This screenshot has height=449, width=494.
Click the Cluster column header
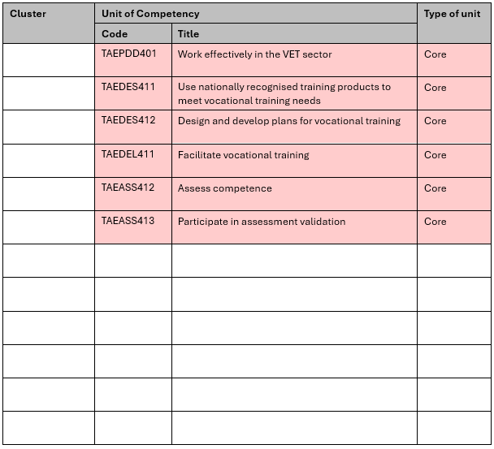pyautogui.click(x=28, y=14)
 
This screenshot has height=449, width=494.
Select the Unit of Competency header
pyautogui.click(x=150, y=14)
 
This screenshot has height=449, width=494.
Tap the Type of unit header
pyautogui.click(x=452, y=14)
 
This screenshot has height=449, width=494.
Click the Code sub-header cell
pyautogui.click(x=115, y=34)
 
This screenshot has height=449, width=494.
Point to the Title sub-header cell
pyautogui.click(x=188, y=34)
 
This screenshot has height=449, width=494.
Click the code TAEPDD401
pyautogui.click(x=128, y=54)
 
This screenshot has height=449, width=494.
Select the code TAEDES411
pyautogui.click(x=128, y=87)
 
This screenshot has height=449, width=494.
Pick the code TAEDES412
pyautogui.click(x=128, y=120)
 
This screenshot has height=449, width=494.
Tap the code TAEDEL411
pyautogui.click(x=128, y=154)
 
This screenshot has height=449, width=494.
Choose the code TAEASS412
pyautogui.click(x=128, y=188)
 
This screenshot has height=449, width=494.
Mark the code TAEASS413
pyautogui.click(x=128, y=221)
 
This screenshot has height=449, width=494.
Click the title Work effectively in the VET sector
pyautogui.click(x=254, y=54)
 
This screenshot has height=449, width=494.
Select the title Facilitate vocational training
pyautogui.click(x=243, y=154)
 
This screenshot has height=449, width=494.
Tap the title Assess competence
pyautogui.click(x=224, y=188)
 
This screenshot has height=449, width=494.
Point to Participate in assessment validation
pyautogui.click(x=262, y=222)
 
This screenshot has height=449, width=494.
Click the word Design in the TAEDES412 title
pyautogui.click(x=193, y=121)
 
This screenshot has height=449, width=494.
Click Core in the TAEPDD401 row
pyautogui.click(x=435, y=54)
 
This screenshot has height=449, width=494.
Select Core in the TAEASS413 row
pyautogui.click(x=435, y=222)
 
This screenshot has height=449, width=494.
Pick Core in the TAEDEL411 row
pyautogui.click(x=435, y=154)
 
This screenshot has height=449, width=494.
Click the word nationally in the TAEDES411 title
pyautogui.click(x=220, y=87)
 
